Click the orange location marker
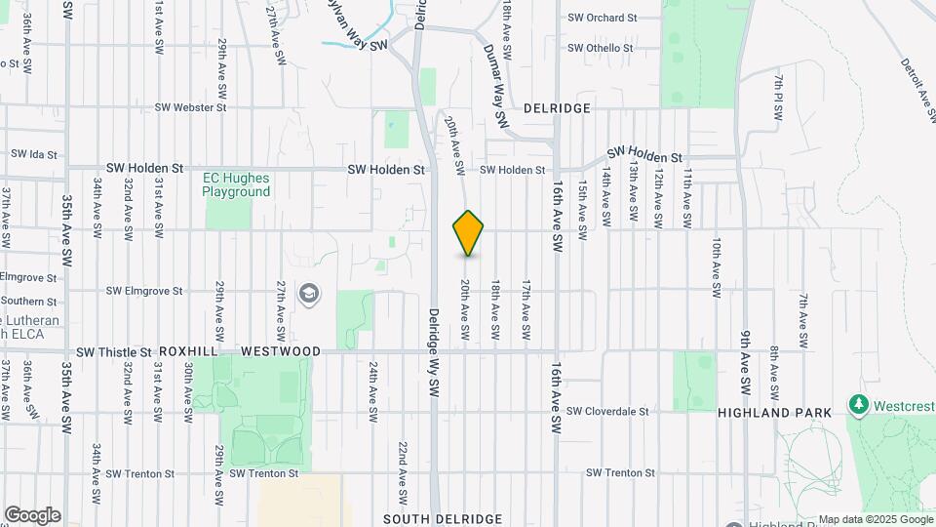468,233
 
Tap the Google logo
32,515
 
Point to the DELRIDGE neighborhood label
557,108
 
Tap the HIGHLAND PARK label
774,413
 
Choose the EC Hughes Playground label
236,184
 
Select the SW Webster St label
191,107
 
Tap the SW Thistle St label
114,351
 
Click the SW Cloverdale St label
606,412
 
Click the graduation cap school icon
309,294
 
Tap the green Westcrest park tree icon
858,403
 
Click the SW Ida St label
35,154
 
